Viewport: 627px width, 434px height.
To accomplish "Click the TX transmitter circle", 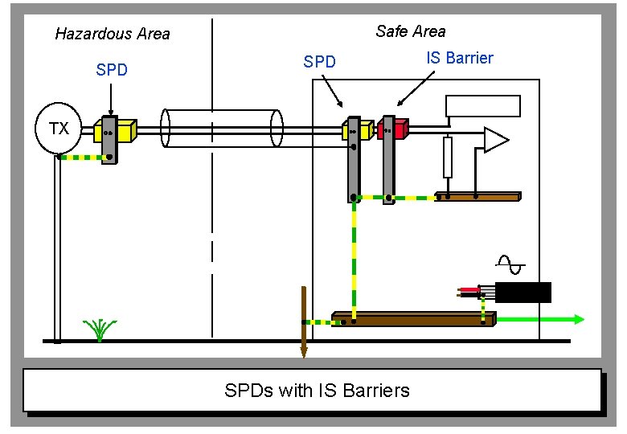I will click(58, 129).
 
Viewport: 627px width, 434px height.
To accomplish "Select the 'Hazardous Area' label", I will click(112, 34).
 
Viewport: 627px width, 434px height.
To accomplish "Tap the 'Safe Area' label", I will click(410, 31).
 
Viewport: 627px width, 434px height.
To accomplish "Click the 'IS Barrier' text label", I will click(459, 58).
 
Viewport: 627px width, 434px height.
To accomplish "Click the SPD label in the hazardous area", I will click(111, 70).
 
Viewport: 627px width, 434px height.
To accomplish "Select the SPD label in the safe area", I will click(319, 62).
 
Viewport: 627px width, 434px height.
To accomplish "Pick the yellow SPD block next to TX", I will click(125, 129).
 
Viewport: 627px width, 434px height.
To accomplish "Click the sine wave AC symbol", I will click(510, 264).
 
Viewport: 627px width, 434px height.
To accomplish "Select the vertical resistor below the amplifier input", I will click(448, 157).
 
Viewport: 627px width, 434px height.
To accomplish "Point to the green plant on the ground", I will click(100, 329).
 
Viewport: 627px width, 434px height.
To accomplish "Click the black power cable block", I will click(523, 293).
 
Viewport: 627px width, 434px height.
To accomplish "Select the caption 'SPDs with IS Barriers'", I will click(317, 391).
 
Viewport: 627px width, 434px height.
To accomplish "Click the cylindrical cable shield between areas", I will click(222, 127).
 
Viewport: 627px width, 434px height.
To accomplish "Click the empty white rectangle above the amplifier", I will click(483, 106).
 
